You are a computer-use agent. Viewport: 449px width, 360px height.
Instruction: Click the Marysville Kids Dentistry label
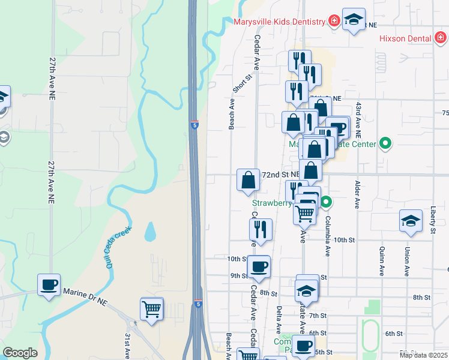click(279, 22)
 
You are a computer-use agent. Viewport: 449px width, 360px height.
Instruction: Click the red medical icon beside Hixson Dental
click(440, 38)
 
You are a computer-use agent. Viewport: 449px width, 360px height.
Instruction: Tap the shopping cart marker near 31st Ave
click(152, 309)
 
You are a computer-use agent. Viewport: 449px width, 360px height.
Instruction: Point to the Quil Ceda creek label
click(119, 245)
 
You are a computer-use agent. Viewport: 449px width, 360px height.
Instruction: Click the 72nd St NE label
click(280, 174)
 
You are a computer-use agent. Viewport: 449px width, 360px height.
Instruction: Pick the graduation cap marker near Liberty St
click(411, 220)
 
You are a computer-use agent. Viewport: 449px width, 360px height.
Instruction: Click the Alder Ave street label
click(357, 194)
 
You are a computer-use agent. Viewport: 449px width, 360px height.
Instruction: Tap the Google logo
click(20, 353)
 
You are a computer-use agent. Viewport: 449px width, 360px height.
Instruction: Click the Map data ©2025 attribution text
click(423, 355)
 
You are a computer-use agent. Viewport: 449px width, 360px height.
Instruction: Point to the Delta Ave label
click(279, 320)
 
